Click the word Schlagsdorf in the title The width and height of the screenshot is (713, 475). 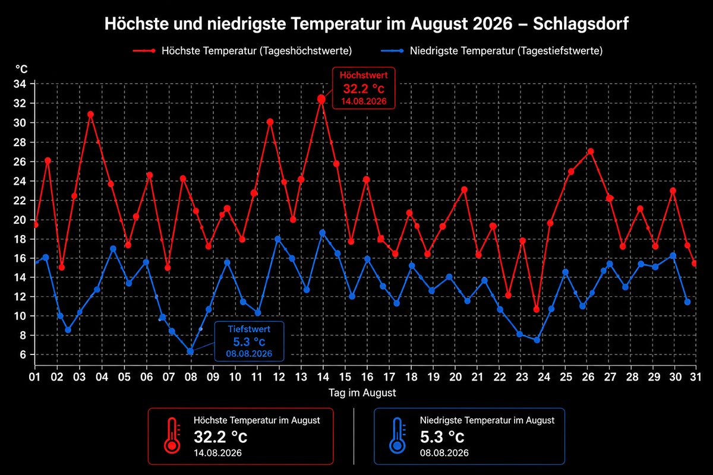(x=581, y=24)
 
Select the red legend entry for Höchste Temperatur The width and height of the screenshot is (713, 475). (x=242, y=50)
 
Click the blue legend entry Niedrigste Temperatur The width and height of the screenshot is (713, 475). (x=491, y=50)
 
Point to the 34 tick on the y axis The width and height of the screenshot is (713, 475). (x=20, y=84)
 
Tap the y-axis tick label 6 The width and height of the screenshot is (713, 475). (x=23, y=354)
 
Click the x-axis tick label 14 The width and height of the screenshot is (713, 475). (x=323, y=377)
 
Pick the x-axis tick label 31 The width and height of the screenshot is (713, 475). (x=696, y=377)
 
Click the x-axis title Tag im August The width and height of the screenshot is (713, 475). (x=362, y=392)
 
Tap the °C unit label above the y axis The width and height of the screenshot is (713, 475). (x=21, y=69)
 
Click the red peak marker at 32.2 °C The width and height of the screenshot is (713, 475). (x=321, y=99)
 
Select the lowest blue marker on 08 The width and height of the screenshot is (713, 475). (x=190, y=351)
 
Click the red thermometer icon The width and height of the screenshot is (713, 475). (x=172, y=436)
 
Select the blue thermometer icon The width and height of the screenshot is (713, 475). (x=397, y=436)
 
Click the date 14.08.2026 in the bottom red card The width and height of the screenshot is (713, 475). (x=217, y=452)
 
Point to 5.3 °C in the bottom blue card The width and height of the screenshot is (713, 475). (x=442, y=437)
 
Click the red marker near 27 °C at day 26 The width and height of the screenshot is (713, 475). (x=591, y=151)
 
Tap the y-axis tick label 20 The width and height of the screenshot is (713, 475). (x=20, y=220)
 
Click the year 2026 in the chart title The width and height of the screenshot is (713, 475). (x=493, y=24)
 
